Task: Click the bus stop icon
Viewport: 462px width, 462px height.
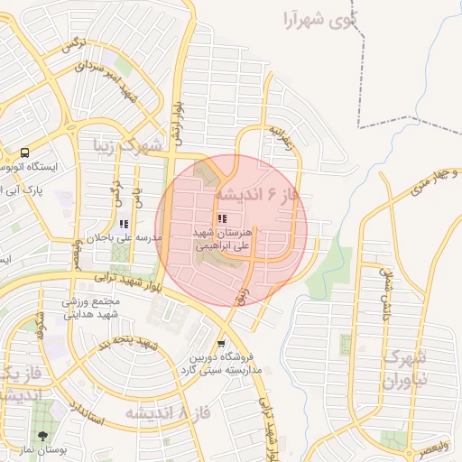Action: (25, 152)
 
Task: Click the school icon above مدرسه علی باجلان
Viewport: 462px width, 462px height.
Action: (124, 223)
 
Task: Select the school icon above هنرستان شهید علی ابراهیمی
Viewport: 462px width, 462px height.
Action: (222, 217)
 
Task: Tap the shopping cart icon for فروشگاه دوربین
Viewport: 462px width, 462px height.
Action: (222, 344)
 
